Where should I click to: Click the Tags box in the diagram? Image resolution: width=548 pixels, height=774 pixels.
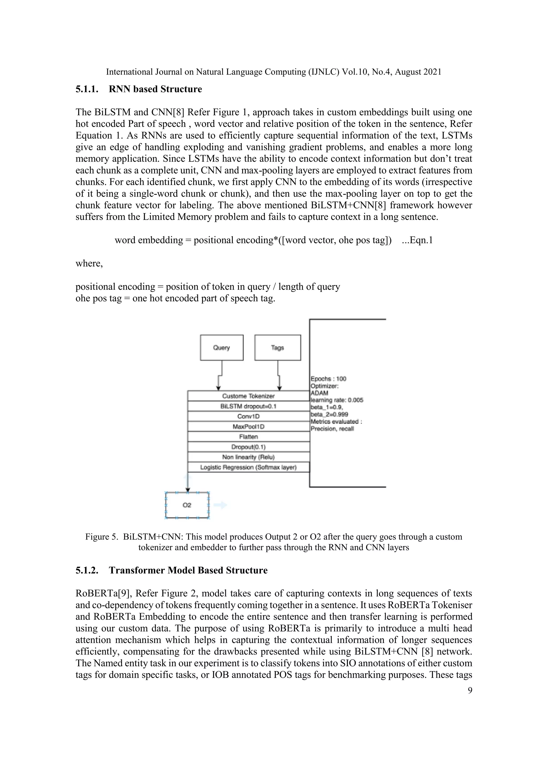[277, 348]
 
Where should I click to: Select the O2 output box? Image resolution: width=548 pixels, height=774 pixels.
[187, 505]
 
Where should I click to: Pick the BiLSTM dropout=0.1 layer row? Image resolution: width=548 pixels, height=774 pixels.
[248, 406]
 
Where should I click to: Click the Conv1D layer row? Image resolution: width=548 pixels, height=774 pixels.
[248, 416]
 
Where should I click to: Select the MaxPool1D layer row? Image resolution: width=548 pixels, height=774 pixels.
[248, 426]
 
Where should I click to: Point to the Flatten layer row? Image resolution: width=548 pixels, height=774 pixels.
[248, 437]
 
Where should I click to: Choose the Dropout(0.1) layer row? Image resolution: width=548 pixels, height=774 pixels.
[248, 447]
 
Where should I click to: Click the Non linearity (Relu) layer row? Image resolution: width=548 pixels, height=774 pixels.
[248, 457]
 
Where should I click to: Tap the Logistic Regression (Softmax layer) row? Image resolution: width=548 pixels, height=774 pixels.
[248, 467]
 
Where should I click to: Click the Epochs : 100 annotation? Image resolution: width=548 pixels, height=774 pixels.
[328, 379]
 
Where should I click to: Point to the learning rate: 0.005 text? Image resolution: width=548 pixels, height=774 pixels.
[337, 400]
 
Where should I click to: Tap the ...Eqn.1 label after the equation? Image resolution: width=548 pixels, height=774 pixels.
[417, 240]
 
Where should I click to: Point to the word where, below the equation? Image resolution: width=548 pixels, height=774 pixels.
[89, 263]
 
